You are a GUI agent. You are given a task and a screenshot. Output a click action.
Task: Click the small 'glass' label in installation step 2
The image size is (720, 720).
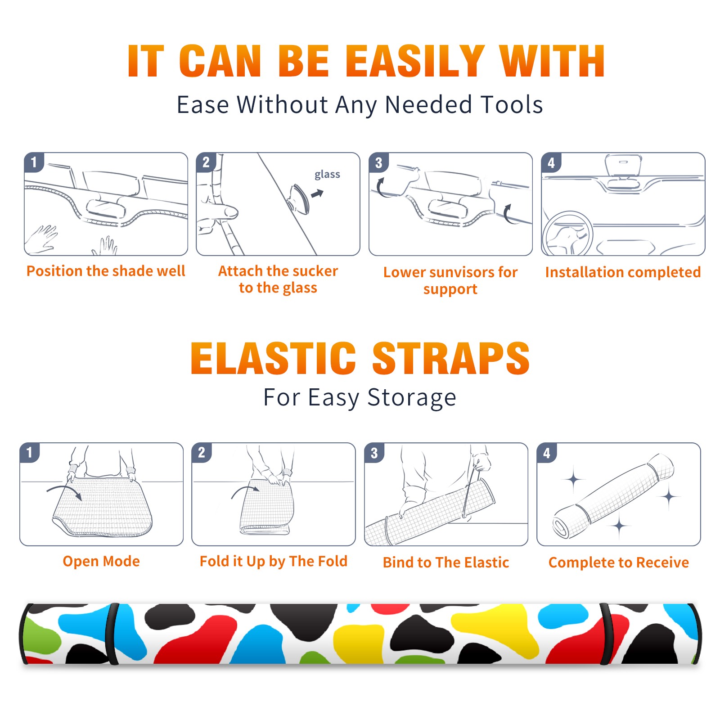click(x=327, y=175)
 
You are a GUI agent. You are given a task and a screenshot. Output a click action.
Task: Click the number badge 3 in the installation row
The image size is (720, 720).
click(x=378, y=163)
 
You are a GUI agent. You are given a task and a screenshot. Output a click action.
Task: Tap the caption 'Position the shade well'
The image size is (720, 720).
click(x=106, y=271)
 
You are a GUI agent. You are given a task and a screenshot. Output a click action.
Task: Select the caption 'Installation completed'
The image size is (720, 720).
click(x=623, y=272)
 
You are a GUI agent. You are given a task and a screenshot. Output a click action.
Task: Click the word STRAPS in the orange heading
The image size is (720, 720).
click(x=451, y=358)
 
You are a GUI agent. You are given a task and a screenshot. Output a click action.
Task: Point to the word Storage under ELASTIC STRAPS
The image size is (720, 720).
click(x=412, y=398)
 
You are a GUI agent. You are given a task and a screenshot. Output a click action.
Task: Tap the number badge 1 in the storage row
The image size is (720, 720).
click(x=30, y=453)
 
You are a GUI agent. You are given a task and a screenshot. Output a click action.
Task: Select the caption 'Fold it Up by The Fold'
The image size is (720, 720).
click(x=274, y=561)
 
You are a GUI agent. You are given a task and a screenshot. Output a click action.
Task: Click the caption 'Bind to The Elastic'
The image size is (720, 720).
click(x=446, y=562)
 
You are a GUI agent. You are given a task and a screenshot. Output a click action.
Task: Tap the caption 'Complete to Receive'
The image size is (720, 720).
click(x=619, y=562)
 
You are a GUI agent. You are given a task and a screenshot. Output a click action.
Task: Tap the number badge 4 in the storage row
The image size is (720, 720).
click(x=547, y=453)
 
